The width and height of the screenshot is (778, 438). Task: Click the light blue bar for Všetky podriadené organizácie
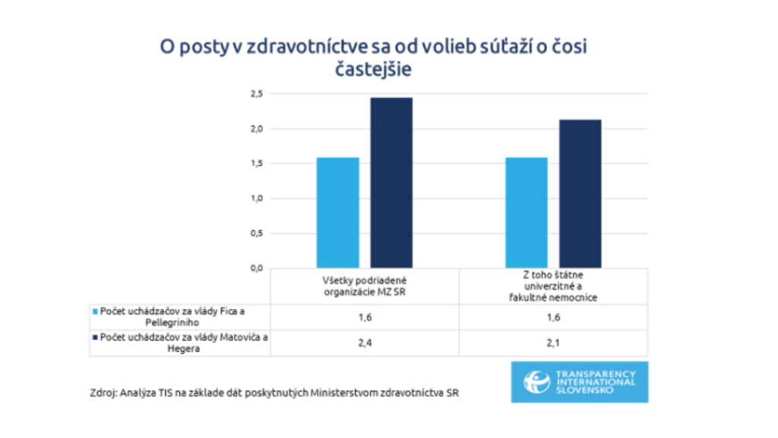[x=337, y=212]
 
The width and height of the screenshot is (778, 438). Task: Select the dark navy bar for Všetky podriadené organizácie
[x=391, y=182]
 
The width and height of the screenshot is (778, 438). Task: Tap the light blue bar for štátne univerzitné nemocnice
[x=526, y=212]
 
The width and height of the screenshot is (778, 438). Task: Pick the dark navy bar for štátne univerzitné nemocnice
[x=580, y=193]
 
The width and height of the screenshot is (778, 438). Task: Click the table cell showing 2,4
[x=365, y=343]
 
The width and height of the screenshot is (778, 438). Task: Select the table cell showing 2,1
[x=553, y=343]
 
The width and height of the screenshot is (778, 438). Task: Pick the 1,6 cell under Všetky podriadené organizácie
[x=365, y=317]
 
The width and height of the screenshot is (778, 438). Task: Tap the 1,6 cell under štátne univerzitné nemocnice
[x=553, y=317]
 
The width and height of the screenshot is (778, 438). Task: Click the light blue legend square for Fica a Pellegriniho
[x=94, y=312]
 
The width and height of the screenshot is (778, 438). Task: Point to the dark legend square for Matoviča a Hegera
[x=94, y=338]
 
